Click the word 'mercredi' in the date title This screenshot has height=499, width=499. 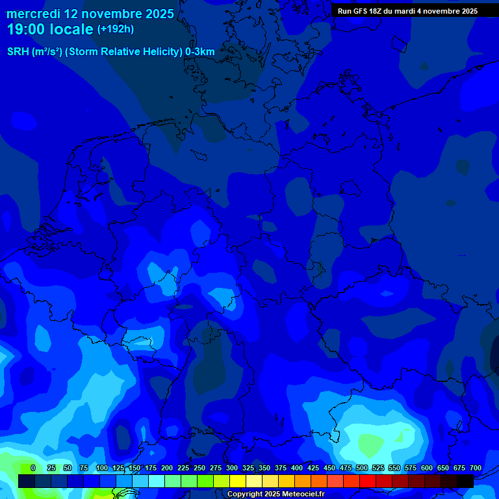point(32,14)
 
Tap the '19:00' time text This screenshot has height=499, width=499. point(25,29)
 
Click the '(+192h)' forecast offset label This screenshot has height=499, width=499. point(116,29)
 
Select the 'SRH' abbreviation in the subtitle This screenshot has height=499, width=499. point(19,52)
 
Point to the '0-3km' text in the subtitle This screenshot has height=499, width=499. point(199,52)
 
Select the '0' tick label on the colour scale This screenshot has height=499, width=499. point(32,468)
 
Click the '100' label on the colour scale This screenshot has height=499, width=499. point(102,468)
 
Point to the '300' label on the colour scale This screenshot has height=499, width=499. point(232,468)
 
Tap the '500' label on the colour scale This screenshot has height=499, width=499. point(362,468)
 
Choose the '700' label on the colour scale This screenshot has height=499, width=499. point(476,468)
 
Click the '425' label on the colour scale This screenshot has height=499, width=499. point(313,468)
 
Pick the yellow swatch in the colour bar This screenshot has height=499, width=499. point(238,481)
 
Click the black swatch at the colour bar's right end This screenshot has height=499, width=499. point(465,481)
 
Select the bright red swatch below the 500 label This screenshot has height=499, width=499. point(368,481)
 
